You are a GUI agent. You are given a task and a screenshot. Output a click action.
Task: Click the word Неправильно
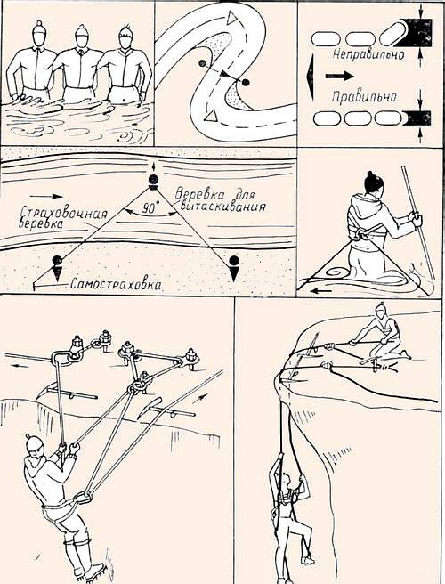(x=368, y=55)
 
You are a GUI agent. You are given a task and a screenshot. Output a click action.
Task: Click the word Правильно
(x=364, y=97)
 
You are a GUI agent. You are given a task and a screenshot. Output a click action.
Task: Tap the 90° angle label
(x=150, y=208)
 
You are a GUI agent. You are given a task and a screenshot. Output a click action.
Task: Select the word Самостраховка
(x=117, y=285)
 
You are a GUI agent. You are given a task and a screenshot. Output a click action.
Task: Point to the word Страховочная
(x=63, y=214)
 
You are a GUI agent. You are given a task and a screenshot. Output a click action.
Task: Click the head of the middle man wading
(x=82, y=36)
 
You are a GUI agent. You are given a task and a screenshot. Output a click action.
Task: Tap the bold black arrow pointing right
(x=339, y=76)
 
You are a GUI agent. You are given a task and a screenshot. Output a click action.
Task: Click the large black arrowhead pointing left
(x=310, y=77)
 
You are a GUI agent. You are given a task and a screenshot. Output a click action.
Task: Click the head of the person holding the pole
(x=374, y=183)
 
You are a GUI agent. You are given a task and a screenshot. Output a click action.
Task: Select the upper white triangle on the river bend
(x=232, y=18)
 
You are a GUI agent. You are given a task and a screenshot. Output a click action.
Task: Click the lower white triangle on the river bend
(x=211, y=116)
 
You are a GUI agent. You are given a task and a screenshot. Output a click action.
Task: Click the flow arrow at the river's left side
(x=46, y=196)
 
